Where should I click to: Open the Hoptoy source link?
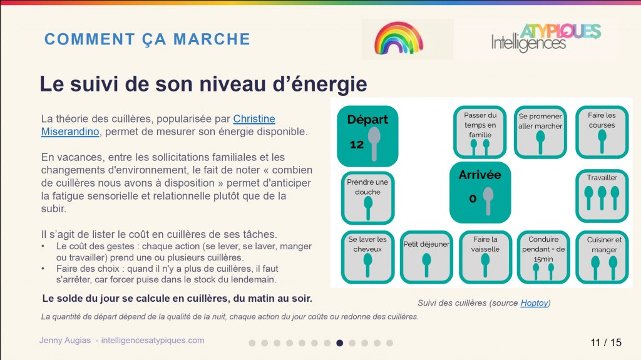click(535, 303)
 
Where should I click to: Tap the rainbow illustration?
click(399, 38)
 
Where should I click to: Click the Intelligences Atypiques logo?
click(546, 38)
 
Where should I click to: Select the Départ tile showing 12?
click(367, 136)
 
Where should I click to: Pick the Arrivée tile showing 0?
click(480, 193)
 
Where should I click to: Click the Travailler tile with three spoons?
click(602, 196)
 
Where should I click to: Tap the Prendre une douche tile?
click(367, 198)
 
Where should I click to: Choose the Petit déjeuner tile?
click(426, 257)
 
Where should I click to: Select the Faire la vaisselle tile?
click(485, 257)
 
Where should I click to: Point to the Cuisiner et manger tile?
click(602, 257)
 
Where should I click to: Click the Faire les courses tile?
click(602, 132)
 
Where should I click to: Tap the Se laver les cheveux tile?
click(367, 257)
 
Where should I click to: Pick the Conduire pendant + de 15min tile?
click(543, 257)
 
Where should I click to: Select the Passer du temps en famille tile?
click(480, 132)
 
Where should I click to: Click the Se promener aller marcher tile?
click(540, 132)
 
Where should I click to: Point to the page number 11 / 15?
click(606, 342)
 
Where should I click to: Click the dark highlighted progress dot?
click(340, 343)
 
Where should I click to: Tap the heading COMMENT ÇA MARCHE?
click(147, 39)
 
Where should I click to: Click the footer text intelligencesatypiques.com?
click(153, 341)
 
